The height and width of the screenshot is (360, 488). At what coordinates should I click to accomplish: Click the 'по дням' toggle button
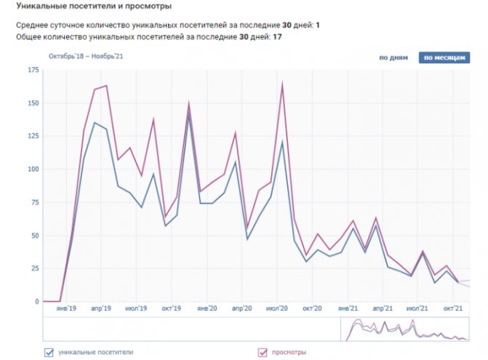point(393,58)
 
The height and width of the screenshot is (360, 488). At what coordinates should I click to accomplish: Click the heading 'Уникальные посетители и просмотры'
point(95,7)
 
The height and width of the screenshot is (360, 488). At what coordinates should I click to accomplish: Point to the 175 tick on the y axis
point(33,70)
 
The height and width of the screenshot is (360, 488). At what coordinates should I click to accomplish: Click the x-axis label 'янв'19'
point(66,308)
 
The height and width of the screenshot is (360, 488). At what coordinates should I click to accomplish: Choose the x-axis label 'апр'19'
point(101,308)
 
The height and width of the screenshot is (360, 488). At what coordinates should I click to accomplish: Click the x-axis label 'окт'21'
point(454,308)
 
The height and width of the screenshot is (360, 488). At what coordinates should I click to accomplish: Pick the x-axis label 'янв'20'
point(207,308)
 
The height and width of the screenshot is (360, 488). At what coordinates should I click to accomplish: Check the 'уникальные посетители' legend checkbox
point(49,353)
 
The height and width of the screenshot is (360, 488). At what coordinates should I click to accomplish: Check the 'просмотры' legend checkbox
point(263,353)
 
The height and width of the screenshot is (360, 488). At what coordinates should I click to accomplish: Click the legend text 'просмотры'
point(289,353)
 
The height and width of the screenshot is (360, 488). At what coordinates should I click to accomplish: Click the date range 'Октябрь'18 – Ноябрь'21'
point(84,56)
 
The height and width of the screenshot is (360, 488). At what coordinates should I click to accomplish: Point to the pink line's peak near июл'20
point(281,84)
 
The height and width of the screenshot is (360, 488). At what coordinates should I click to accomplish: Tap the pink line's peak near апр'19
point(106,86)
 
